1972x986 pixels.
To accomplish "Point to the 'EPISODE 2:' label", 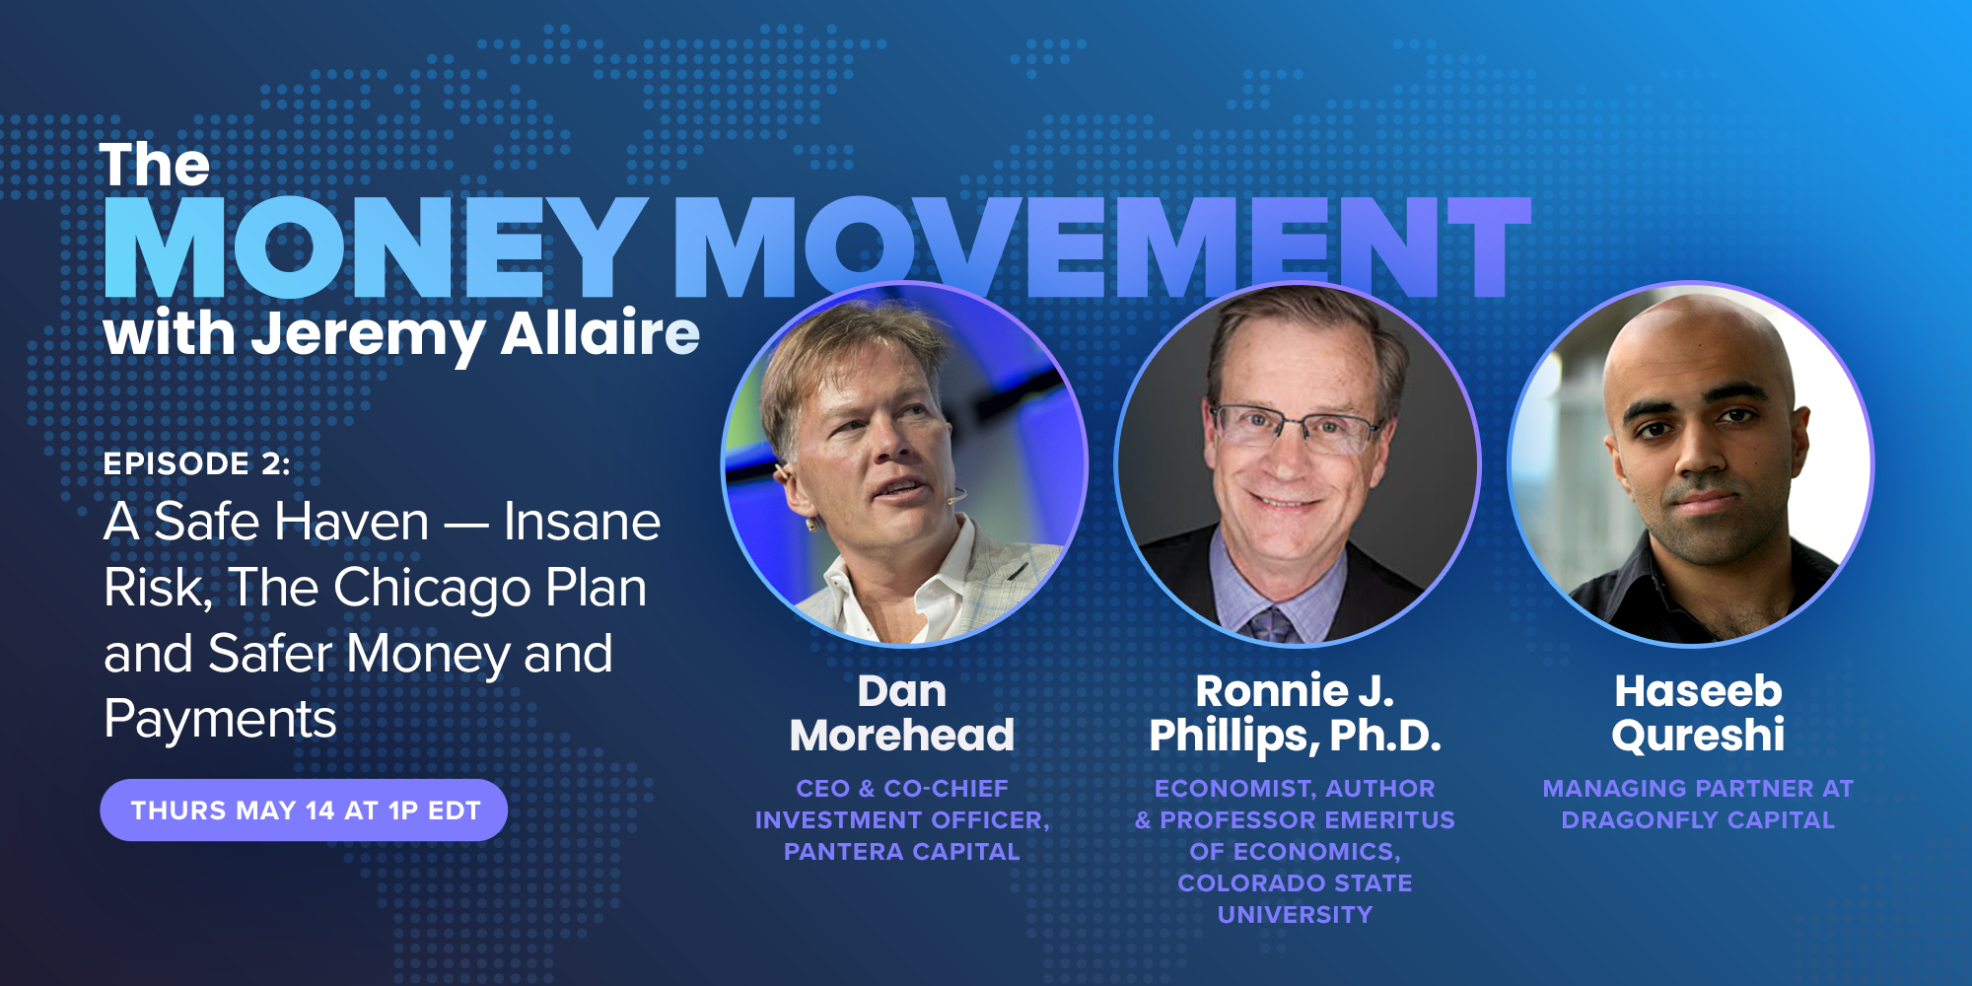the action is point(197,463).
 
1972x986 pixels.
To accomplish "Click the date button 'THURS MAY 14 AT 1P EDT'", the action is point(304,810).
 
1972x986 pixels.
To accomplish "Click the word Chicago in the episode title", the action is point(432,589).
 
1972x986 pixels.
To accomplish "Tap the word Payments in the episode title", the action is point(220,719).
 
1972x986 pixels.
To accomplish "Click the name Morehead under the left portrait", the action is point(902,736).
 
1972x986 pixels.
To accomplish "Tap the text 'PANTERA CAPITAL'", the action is point(902,852).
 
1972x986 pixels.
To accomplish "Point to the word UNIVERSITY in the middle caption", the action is point(1295,915).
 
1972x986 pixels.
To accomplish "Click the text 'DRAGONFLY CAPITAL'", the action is point(1698,820).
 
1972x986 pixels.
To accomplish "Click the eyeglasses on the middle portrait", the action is point(1295,427).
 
